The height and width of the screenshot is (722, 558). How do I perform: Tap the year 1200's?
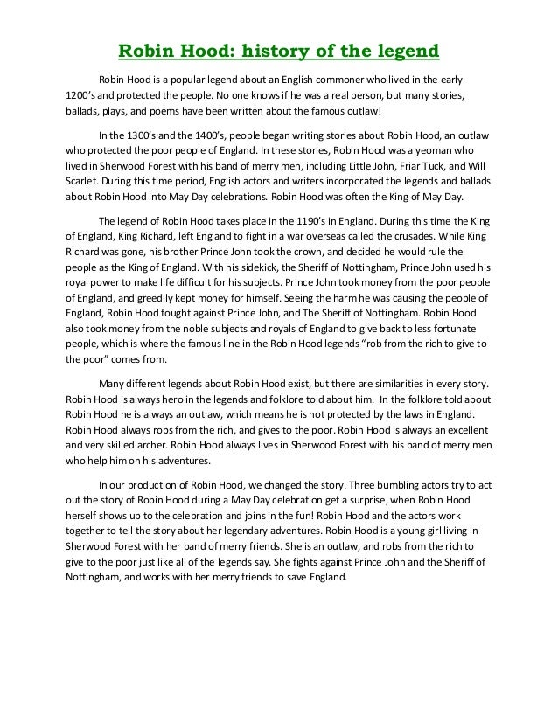coord(86,94)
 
